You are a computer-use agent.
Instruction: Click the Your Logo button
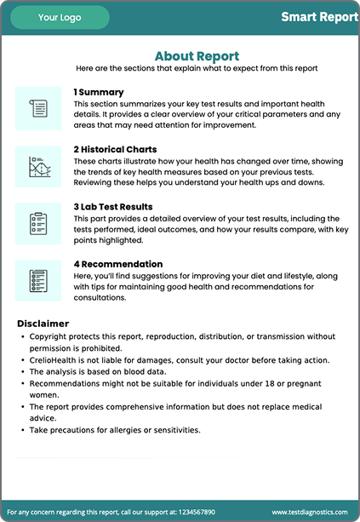click(x=60, y=17)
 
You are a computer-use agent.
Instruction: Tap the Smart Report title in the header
click(x=319, y=17)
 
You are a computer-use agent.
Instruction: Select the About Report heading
click(x=197, y=56)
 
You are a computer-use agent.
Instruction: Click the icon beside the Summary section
click(x=38, y=108)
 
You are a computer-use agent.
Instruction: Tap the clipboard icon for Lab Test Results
click(x=38, y=223)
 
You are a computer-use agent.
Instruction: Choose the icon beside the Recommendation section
click(x=38, y=281)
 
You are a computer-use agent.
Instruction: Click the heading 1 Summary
click(x=99, y=92)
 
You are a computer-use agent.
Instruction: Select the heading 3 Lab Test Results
click(x=113, y=206)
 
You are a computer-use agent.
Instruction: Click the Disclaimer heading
click(x=43, y=324)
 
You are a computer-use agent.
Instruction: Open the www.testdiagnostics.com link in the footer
click(x=310, y=513)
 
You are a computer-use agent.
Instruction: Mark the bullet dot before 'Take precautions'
click(x=21, y=430)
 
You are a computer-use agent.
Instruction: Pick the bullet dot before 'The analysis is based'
click(x=21, y=372)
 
